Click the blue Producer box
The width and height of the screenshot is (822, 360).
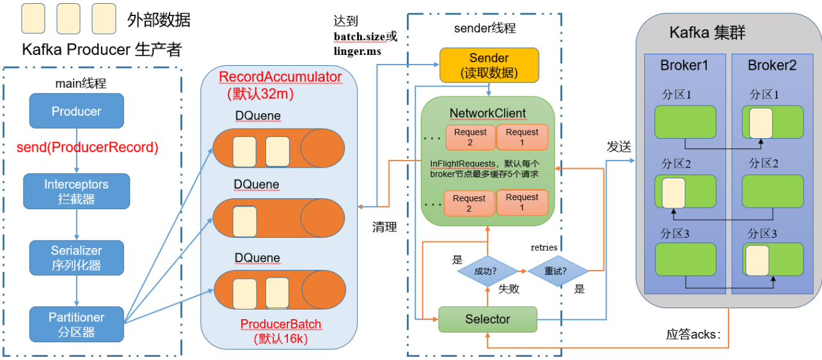pos(76,111)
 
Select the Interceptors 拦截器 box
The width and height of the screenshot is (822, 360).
pos(76,191)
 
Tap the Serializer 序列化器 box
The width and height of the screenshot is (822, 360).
pos(76,258)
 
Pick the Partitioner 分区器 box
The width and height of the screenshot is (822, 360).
pos(76,324)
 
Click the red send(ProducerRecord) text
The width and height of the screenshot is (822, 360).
pos(88,148)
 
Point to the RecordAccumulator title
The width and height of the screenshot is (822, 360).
pos(280,77)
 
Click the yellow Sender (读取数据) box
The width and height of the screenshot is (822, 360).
pos(488,66)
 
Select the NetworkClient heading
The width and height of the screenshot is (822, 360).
pos(487,113)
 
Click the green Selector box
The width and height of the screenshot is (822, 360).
pos(487,319)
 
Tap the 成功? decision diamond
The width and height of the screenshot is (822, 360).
pos(487,270)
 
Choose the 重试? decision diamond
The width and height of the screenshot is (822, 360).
pos(556,270)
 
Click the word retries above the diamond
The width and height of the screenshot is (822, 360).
pos(544,247)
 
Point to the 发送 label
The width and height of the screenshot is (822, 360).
pos(619,146)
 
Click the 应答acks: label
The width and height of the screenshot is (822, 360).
pos(693,334)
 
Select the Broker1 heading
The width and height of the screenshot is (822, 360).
pos(684,65)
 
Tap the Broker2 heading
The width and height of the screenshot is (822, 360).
pos(771,65)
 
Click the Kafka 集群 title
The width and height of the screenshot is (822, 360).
pos(707,33)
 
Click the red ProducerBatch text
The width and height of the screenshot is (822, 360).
pos(281,324)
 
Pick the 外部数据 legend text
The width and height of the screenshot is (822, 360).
pos(159,20)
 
